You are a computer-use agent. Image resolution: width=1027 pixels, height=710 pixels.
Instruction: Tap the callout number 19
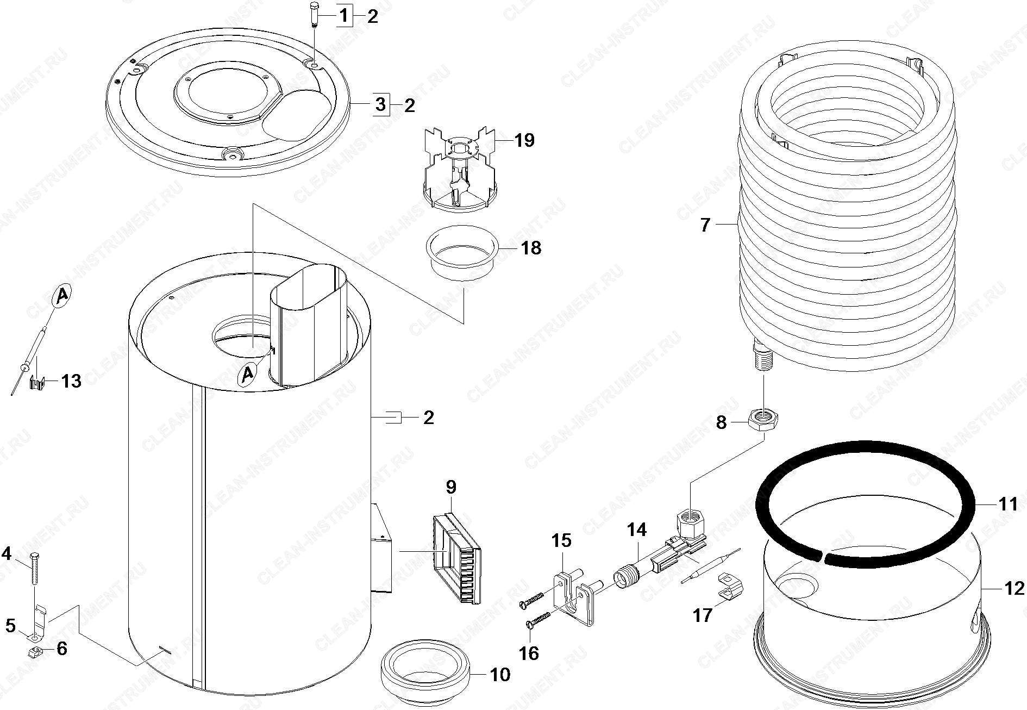click(x=524, y=140)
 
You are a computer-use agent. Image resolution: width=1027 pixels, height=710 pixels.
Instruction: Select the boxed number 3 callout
click(x=380, y=104)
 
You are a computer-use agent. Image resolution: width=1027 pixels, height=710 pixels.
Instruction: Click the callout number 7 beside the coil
click(x=705, y=225)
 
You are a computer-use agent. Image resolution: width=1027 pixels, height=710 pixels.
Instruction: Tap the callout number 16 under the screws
click(x=528, y=652)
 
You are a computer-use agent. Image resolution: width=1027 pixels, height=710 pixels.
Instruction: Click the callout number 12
click(x=1013, y=588)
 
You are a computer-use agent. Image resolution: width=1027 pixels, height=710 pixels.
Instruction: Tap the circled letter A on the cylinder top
click(x=248, y=373)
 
